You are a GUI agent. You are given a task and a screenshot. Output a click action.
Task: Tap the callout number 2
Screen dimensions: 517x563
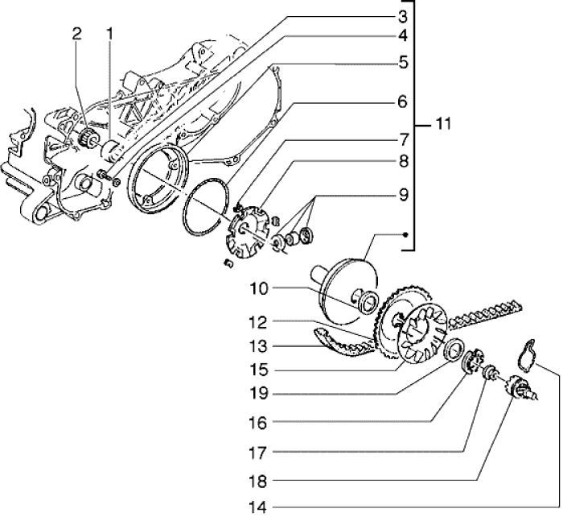tap(76, 33)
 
